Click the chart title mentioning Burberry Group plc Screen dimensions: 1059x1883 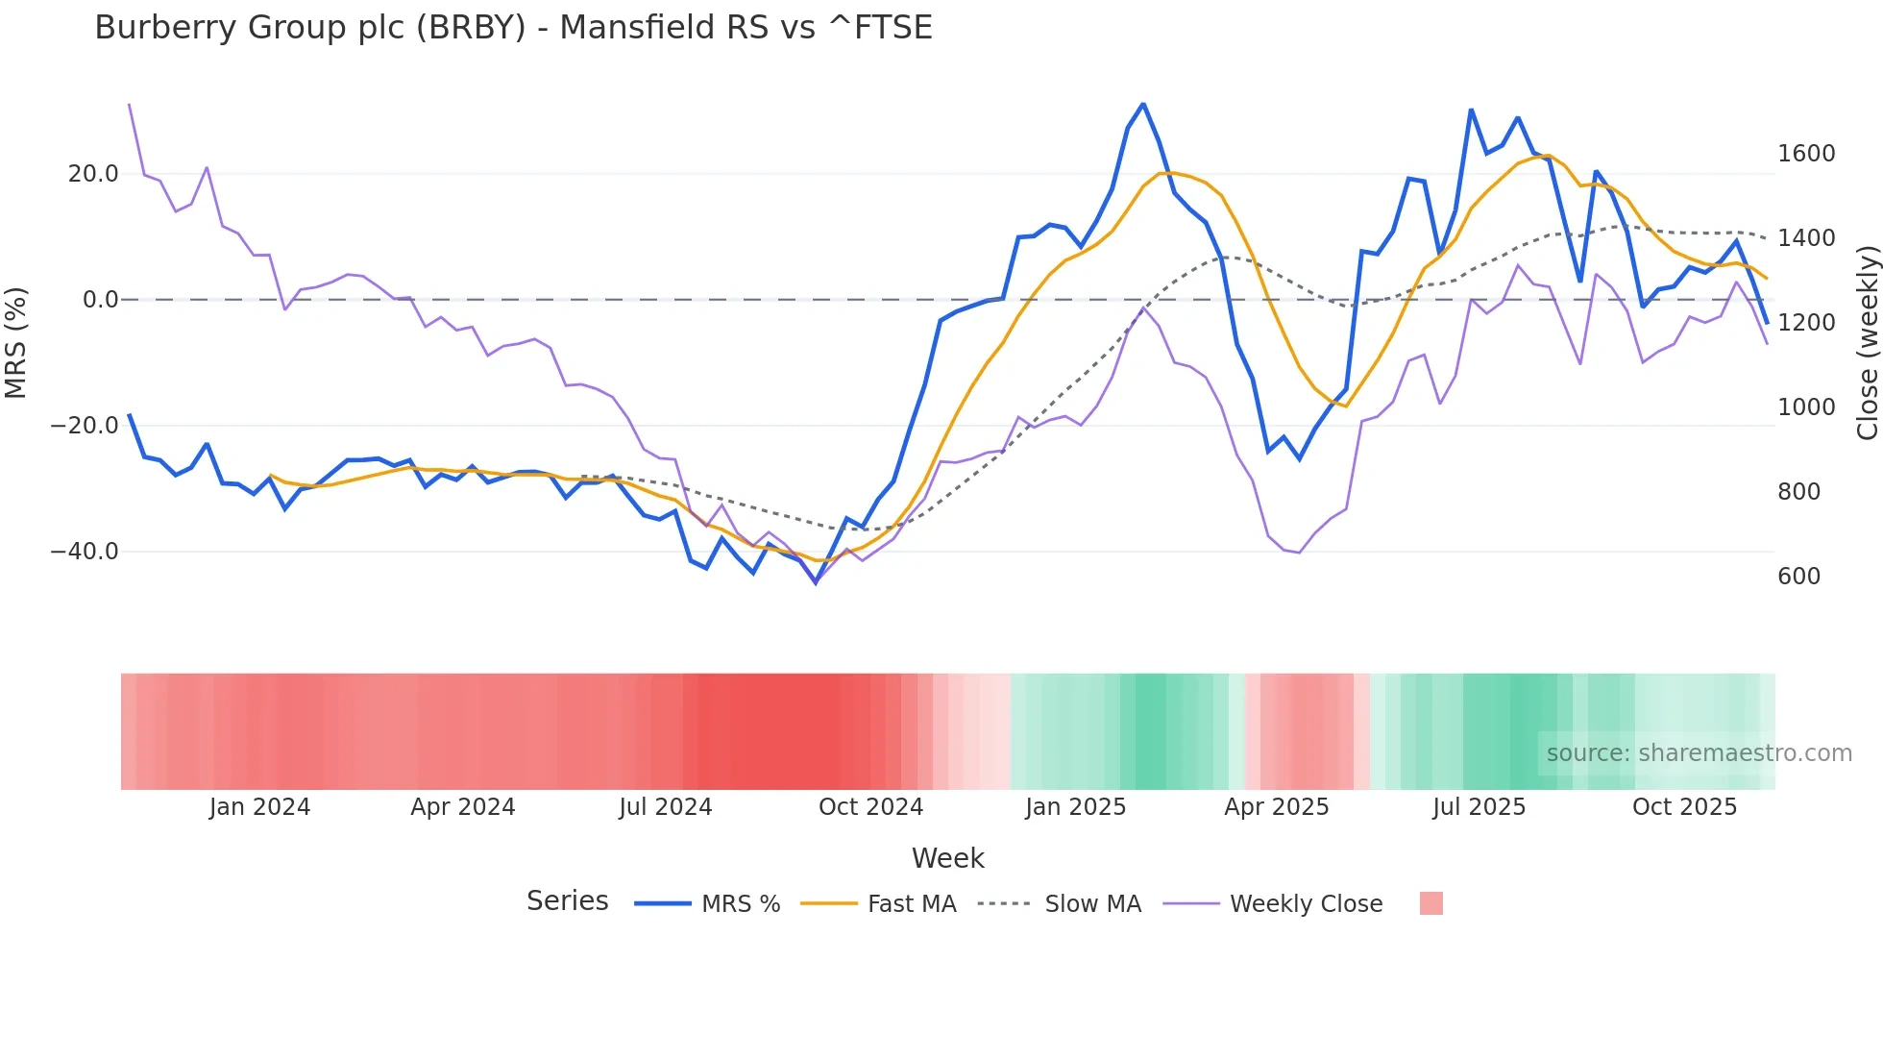point(513,28)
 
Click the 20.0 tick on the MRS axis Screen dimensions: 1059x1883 point(93,174)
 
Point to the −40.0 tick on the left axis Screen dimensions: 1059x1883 point(86,552)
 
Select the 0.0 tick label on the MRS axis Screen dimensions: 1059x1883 point(100,300)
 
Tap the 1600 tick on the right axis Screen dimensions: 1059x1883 point(1806,154)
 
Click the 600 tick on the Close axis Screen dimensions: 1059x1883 point(1798,577)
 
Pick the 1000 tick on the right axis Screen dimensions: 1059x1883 point(1806,407)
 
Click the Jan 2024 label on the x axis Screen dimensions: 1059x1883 point(259,807)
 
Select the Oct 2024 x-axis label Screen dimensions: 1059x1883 point(870,807)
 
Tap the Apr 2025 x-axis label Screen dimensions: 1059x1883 point(1276,807)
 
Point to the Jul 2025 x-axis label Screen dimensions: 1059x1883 point(1479,807)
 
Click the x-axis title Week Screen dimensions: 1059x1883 point(947,858)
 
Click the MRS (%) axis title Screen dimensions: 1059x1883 point(16,342)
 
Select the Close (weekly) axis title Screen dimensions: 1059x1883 point(1867,342)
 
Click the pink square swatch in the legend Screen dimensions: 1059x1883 point(1431,903)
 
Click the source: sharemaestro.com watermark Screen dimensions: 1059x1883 point(1699,753)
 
